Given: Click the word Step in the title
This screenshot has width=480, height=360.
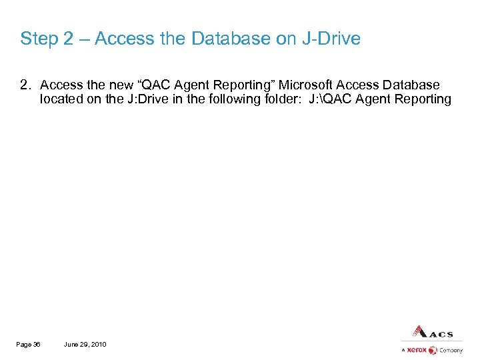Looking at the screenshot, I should click(39, 39).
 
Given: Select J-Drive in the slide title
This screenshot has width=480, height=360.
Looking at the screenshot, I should click(331, 39).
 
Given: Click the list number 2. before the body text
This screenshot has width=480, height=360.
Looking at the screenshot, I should click(25, 85).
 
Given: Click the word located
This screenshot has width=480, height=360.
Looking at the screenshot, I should click(60, 99).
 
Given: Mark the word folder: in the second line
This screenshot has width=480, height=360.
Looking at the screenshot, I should click(280, 99).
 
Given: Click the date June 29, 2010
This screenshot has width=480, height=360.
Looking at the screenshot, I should click(85, 344).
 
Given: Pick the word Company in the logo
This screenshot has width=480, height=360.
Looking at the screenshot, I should click(451, 350).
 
